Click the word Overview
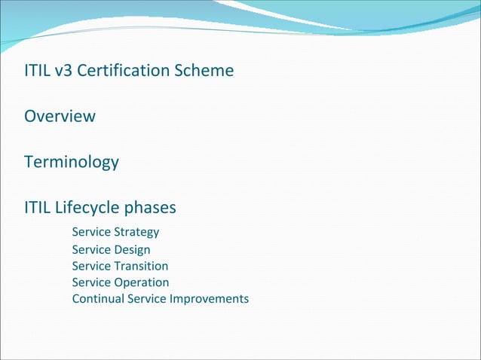pos(60,117)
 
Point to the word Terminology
pos(72,162)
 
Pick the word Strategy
pos(136,232)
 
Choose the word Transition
pos(141,266)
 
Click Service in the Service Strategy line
pos(91,232)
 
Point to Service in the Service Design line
pos(91,249)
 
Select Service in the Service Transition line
pos(91,266)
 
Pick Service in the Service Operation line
pos(91,282)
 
